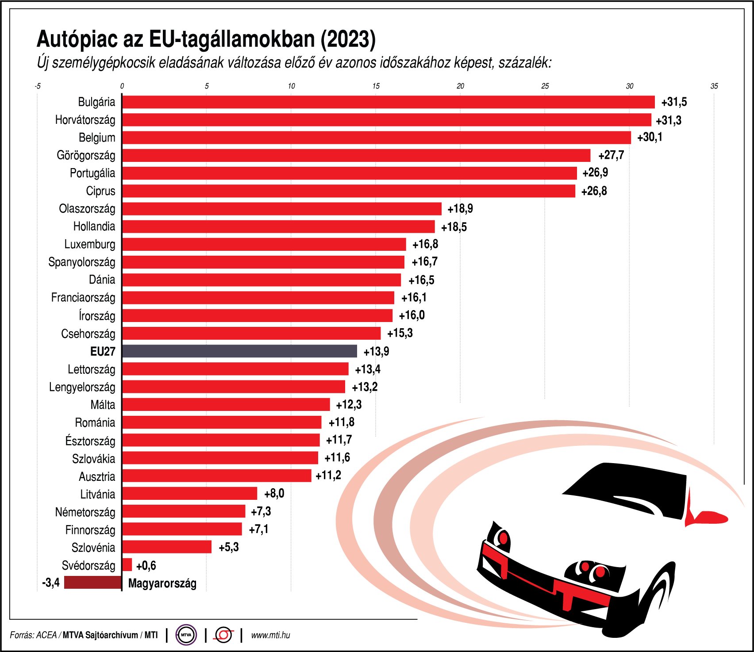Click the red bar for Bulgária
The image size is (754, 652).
[388, 102]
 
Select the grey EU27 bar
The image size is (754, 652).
[239, 351]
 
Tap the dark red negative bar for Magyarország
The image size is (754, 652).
[92, 583]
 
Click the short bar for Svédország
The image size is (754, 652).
[127, 565]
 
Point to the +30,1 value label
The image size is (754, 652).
[650, 137]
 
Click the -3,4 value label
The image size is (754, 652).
[50, 583]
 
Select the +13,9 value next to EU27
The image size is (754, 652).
[376, 351]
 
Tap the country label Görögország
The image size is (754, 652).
[86, 155]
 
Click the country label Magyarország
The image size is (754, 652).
[162, 583]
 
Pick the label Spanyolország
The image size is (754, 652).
[82, 262]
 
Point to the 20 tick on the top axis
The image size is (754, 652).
[460, 86]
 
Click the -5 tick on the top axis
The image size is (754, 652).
[38, 86]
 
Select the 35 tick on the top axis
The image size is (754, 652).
[714, 86]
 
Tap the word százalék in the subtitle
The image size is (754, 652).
[524, 63]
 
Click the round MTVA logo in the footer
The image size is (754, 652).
[186, 635]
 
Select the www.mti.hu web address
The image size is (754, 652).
[270, 635]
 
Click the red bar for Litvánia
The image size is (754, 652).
[189, 494]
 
